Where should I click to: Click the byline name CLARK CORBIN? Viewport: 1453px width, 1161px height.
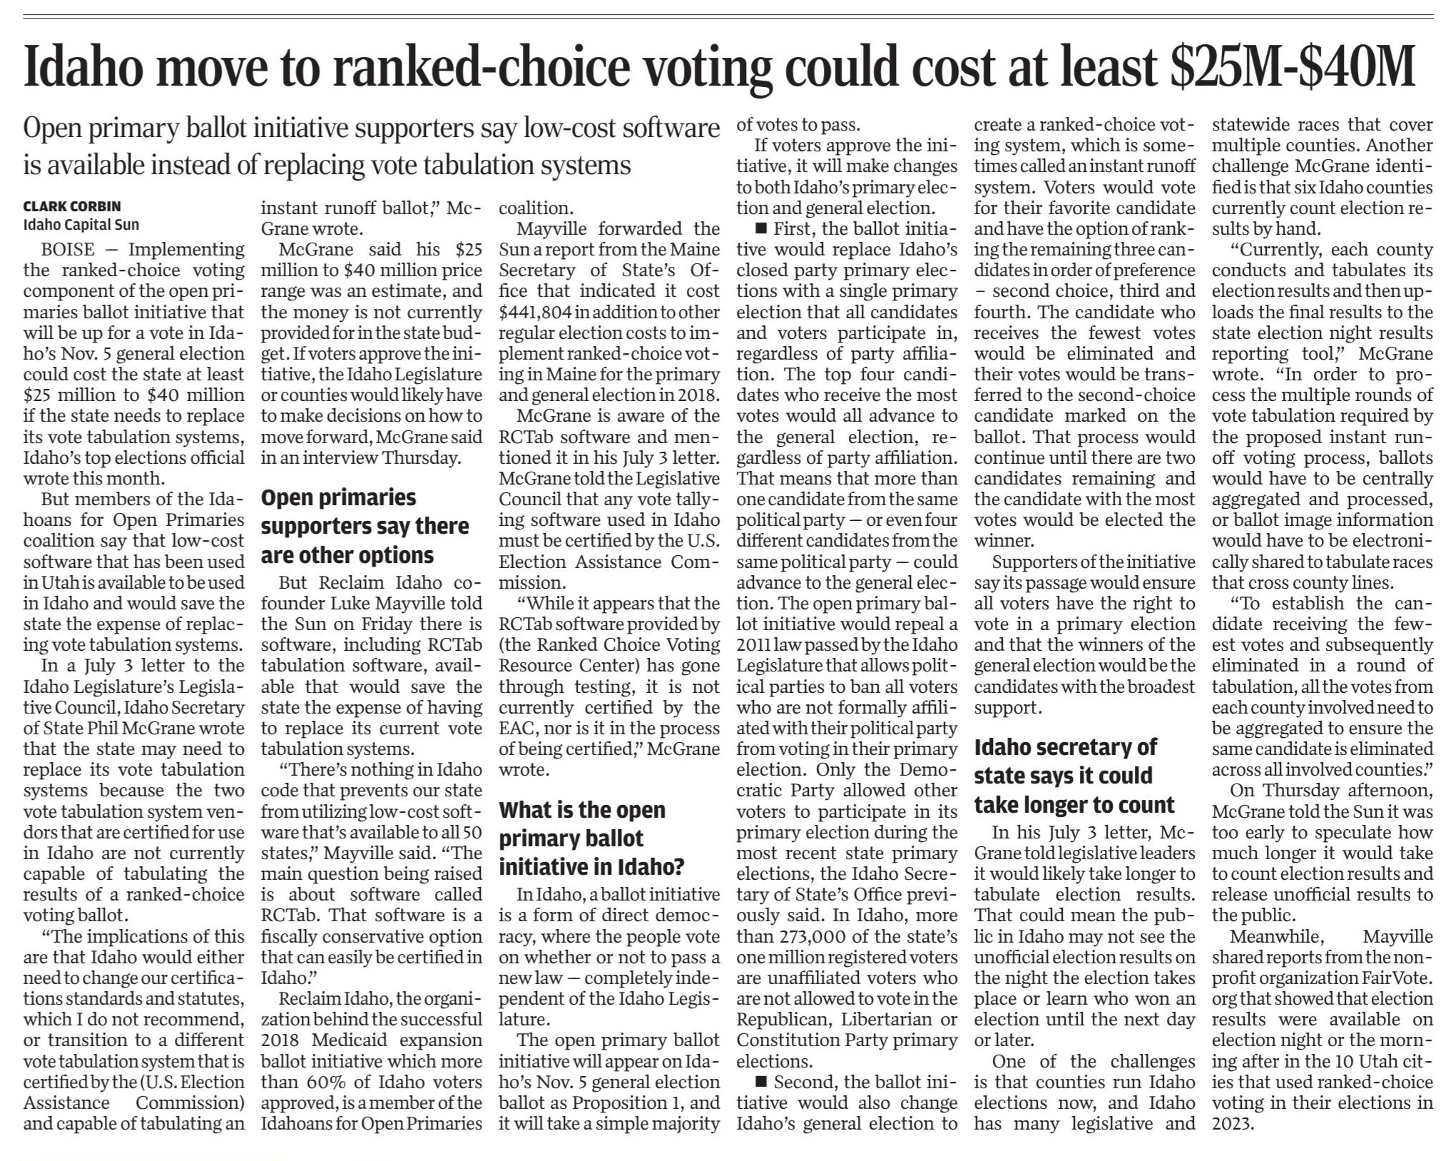[x=71, y=206]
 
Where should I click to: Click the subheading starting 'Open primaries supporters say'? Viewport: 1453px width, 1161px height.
[x=364, y=526]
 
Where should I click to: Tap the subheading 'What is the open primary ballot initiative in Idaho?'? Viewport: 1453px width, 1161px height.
[x=591, y=838]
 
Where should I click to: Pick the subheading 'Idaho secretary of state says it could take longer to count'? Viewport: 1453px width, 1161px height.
[x=1074, y=776]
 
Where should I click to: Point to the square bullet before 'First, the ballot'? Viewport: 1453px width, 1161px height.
[x=760, y=229]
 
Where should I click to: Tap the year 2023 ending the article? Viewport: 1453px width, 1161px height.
[x=1232, y=1124]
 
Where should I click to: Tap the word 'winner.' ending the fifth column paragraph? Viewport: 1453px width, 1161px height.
[x=1002, y=541]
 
